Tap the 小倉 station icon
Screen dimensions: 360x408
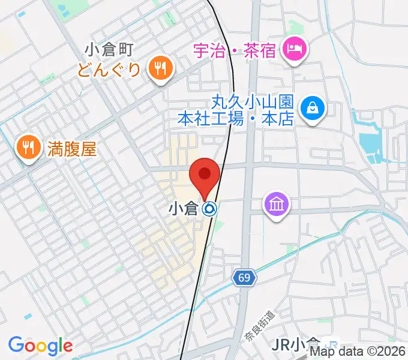coord(209,209)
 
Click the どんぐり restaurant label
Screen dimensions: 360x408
coord(108,70)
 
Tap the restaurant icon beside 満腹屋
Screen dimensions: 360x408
coord(28,147)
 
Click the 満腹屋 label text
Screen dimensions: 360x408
coord(71,148)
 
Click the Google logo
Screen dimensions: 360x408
coord(40,346)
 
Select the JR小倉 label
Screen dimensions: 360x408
coord(295,345)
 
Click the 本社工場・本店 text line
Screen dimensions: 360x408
coord(236,119)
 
